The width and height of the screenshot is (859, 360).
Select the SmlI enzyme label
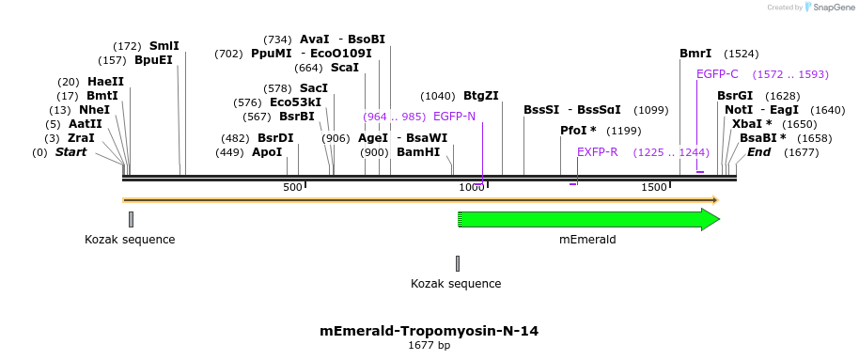(164, 46)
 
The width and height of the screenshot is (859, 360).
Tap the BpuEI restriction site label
(154, 60)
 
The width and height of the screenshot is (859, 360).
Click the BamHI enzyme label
(417, 152)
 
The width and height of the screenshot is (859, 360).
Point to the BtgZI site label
(480, 96)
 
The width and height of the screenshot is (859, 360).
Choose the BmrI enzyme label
(695, 54)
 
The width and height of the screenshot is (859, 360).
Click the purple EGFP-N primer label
(454, 117)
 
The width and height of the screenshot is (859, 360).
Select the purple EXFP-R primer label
(598, 152)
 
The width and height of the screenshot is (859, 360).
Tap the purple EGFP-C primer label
(717, 74)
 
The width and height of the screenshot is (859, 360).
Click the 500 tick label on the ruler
(292, 188)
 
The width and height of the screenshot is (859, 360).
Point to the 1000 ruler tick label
(471, 188)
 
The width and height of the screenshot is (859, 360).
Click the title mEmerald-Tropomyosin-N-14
(429, 331)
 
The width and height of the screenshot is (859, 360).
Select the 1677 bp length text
(429, 346)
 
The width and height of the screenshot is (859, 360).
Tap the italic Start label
(70, 152)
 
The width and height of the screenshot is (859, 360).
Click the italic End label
(758, 152)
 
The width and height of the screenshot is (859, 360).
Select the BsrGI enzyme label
(734, 96)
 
